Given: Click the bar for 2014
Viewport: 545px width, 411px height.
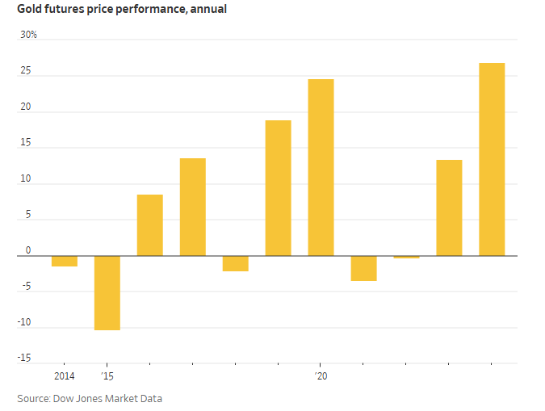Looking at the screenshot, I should (65, 262).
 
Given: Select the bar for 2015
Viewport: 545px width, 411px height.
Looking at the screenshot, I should (107, 293).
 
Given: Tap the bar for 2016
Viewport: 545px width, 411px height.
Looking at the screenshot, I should (150, 225).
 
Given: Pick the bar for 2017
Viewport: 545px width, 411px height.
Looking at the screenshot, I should (193, 208).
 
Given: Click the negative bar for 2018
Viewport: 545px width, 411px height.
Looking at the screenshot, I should (236, 264).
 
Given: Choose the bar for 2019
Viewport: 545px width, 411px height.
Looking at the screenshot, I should (279, 188).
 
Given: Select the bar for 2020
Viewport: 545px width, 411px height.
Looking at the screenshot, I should (321, 167).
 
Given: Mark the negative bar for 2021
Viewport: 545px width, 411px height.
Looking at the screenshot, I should (363, 269).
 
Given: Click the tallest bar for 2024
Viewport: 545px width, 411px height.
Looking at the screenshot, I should (492, 159).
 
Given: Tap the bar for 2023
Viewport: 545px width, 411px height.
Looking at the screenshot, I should (449, 208).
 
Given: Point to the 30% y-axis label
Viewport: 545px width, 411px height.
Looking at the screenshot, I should (28, 36).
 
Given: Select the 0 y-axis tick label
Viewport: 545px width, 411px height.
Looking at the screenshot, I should (28, 250).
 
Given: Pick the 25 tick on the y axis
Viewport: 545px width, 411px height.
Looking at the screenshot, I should (26, 71).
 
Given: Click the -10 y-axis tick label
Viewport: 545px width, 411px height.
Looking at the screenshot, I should (27, 322).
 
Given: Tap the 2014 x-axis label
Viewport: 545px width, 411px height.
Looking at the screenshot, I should (65, 376).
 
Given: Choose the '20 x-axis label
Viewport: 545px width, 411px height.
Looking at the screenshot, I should (321, 376).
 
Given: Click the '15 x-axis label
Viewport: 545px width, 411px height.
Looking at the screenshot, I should (107, 376).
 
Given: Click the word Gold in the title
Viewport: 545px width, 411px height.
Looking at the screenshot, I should (30, 10).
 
